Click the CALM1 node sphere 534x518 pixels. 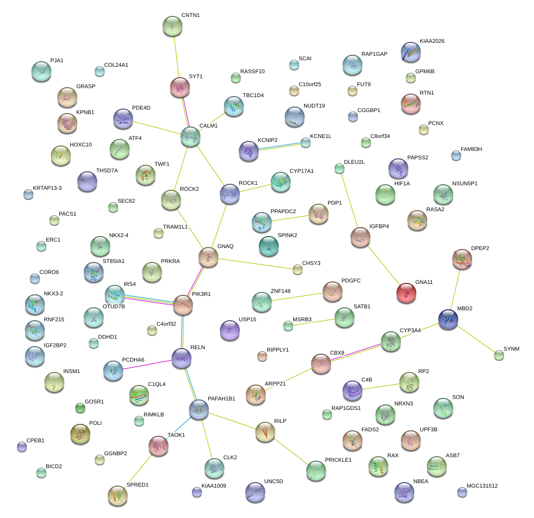(x=190, y=136)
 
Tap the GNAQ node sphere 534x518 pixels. (x=208, y=257)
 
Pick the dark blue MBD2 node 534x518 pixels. (x=448, y=319)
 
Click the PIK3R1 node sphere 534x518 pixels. (x=182, y=305)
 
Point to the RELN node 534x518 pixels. (x=181, y=358)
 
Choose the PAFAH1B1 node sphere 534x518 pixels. (x=199, y=409)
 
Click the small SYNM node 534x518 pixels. (x=499, y=355)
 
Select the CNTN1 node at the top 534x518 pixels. (x=173, y=26)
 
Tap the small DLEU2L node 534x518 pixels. (x=340, y=168)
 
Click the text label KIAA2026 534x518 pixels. (x=432, y=41)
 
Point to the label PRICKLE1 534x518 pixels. (x=338, y=460)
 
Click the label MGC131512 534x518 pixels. (x=482, y=486)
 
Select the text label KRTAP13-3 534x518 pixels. (x=47, y=188)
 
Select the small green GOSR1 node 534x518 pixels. (x=80, y=408)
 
